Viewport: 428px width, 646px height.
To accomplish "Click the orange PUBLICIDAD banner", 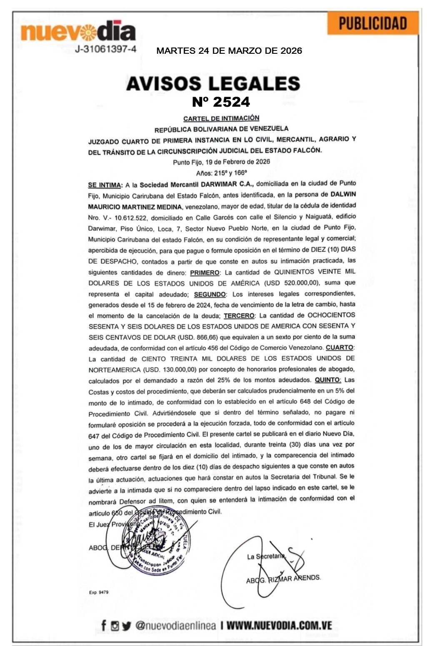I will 373,23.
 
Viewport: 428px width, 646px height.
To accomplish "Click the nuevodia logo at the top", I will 78,31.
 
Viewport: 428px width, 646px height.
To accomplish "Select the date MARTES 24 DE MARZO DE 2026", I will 229,51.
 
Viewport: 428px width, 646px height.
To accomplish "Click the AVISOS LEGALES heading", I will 213,83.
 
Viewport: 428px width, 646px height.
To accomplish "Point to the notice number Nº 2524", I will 221,102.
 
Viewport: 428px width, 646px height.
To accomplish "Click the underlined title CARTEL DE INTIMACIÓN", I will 221,118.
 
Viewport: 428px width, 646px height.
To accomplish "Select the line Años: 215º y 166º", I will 221,173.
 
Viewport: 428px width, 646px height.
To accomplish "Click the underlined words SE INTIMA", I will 104,185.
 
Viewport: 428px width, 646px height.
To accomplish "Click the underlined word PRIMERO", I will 205,273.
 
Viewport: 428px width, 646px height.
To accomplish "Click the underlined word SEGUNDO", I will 210,294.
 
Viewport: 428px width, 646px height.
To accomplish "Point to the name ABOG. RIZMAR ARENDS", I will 283,579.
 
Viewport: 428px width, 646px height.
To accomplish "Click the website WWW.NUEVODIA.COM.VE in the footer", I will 279,626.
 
